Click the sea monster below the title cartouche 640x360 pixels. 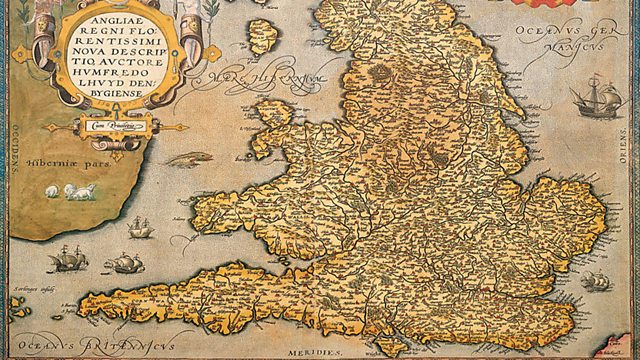tap(190, 158)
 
